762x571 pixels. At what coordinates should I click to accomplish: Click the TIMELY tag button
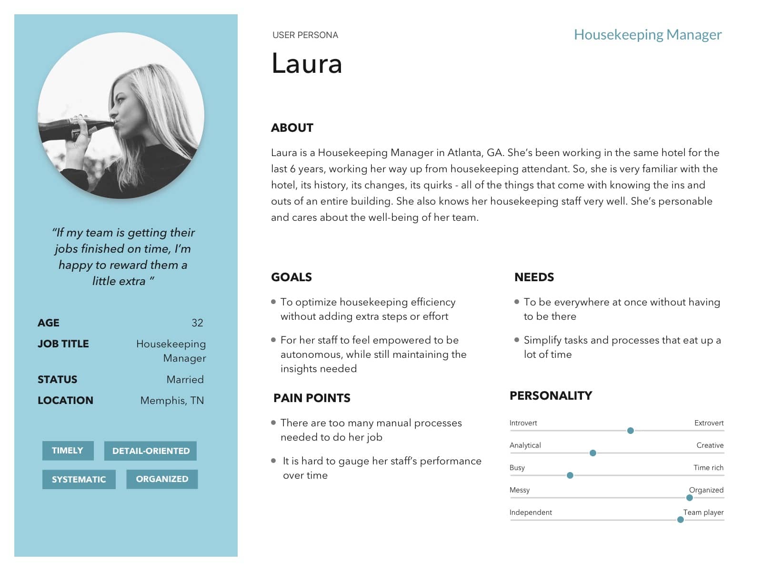[x=68, y=451]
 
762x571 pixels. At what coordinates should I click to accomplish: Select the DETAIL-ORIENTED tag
[x=150, y=451]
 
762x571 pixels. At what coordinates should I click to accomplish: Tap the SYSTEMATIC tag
[x=79, y=479]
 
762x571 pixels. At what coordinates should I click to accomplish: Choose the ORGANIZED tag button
[x=162, y=479]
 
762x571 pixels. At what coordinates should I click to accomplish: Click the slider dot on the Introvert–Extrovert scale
[x=631, y=431]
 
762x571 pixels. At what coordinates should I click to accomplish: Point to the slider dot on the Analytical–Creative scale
[x=593, y=453]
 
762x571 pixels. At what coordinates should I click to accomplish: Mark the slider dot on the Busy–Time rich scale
[x=570, y=475]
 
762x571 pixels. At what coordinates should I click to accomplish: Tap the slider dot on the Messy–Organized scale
[x=690, y=498]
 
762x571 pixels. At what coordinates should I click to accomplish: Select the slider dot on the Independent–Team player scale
[x=681, y=520]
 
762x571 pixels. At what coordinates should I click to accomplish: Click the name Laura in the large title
[x=307, y=64]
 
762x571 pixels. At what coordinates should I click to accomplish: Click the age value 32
[x=197, y=323]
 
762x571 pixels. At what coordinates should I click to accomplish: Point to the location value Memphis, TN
[x=172, y=401]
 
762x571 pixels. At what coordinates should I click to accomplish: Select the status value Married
[x=185, y=379]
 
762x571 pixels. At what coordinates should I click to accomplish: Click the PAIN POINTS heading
[x=312, y=398]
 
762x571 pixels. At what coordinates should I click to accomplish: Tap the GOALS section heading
[x=291, y=277]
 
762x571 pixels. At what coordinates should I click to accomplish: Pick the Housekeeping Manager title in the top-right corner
[x=648, y=34]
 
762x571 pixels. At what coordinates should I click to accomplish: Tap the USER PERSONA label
[x=305, y=35]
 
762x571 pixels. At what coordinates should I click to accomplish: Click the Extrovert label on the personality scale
[x=709, y=423]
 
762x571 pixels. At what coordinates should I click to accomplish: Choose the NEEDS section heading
[x=534, y=277]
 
